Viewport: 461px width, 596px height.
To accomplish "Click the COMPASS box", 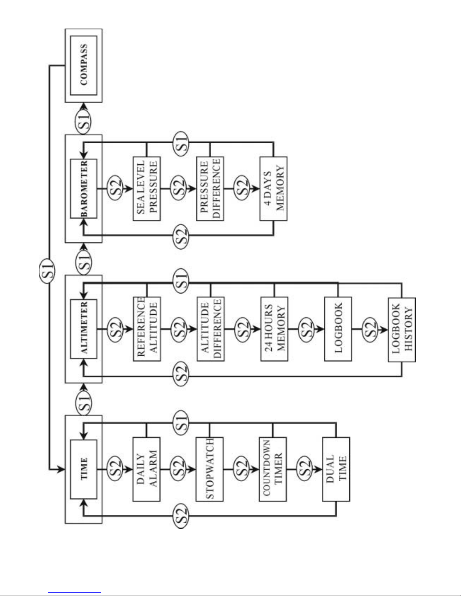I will tap(84, 65).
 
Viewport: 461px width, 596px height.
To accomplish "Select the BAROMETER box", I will tap(84, 188).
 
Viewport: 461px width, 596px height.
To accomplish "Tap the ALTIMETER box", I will tap(84, 329).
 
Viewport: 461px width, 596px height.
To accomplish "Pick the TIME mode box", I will tap(84, 469).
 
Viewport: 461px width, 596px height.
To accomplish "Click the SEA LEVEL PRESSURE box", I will tap(147, 188).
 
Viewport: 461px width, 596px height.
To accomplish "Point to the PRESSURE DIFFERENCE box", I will tap(210, 188).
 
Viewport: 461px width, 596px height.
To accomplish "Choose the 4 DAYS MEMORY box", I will tap(274, 188).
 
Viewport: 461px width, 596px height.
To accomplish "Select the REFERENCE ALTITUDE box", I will tap(147, 329).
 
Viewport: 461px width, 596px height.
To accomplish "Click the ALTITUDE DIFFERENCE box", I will tap(210, 329).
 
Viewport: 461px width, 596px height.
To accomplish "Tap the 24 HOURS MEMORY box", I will tap(274, 329).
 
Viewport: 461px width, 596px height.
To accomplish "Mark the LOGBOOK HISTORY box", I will tap(402, 330).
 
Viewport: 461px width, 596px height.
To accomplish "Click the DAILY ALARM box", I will tap(146, 469).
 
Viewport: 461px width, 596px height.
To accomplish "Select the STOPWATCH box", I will tap(210, 469).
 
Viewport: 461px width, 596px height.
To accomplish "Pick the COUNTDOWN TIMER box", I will tap(273, 469).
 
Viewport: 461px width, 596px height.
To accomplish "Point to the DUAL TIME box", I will tap(336, 469).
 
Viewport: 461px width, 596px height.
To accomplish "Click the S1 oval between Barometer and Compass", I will tap(84, 119).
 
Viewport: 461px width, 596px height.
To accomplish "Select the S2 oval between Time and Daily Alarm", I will tap(115, 469).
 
